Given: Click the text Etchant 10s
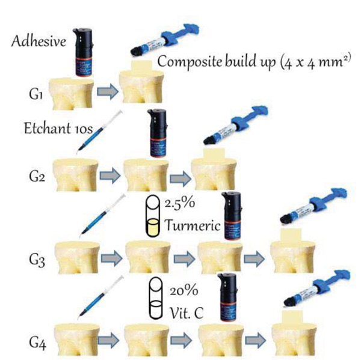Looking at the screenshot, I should coord(54,127).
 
